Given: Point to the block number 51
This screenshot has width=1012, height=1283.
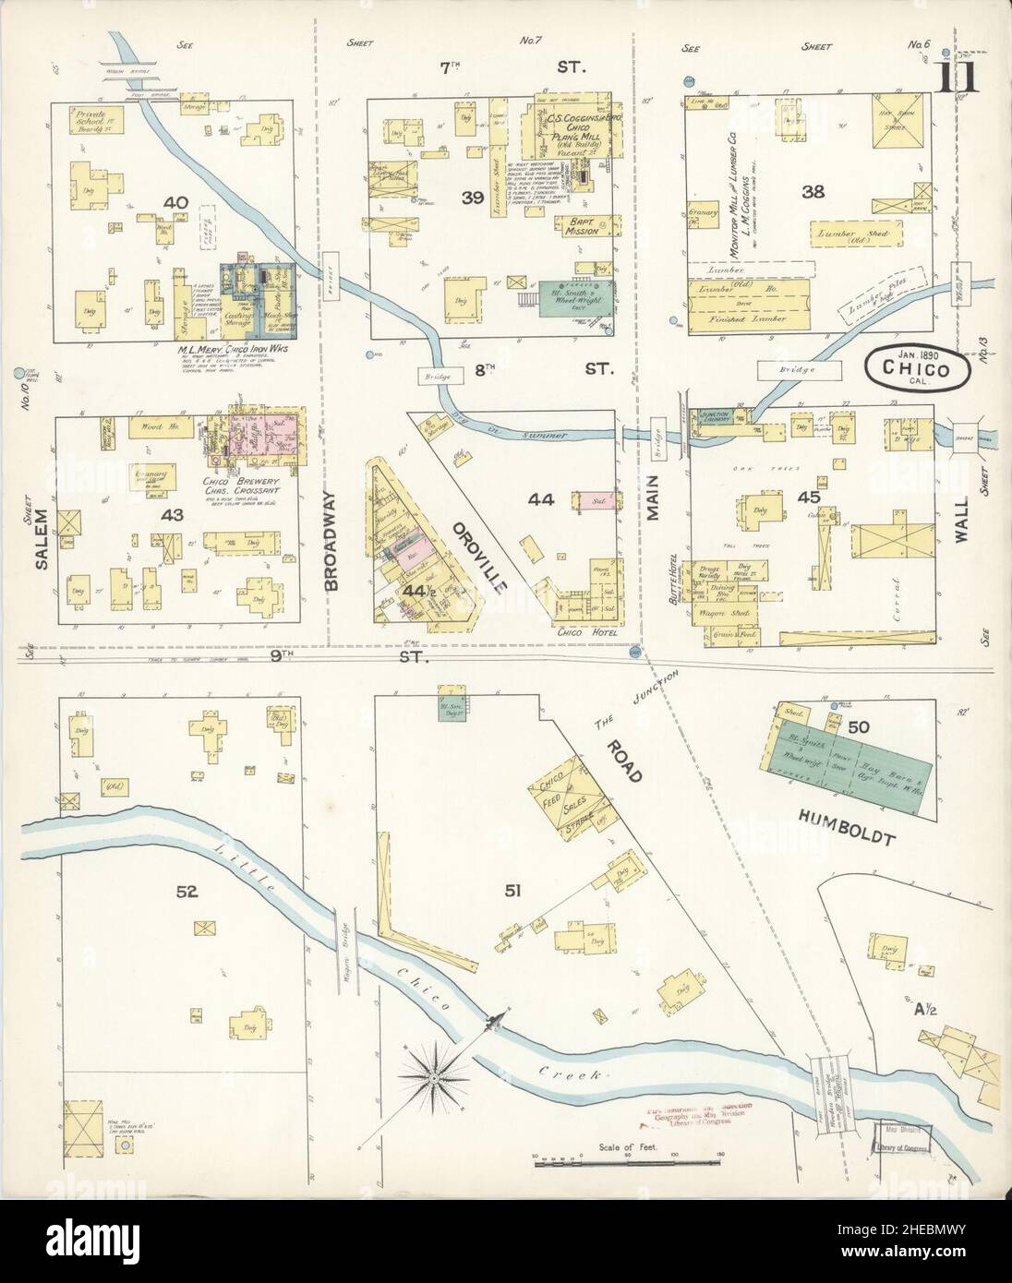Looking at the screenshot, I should point(513,890).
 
